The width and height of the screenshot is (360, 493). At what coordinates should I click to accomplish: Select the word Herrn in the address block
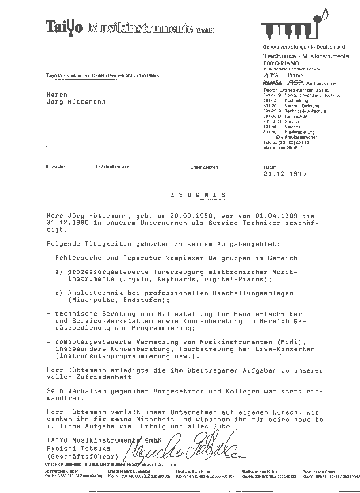57,94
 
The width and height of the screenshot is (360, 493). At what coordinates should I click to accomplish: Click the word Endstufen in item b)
143,300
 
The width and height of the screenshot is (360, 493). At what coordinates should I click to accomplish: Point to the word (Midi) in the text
303,342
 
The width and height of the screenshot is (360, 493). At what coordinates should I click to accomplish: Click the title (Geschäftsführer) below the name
83,456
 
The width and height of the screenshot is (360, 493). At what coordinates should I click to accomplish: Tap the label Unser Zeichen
204,167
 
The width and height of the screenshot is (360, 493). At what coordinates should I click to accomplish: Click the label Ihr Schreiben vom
112,167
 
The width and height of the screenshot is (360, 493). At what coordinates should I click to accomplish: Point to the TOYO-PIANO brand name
281,63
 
